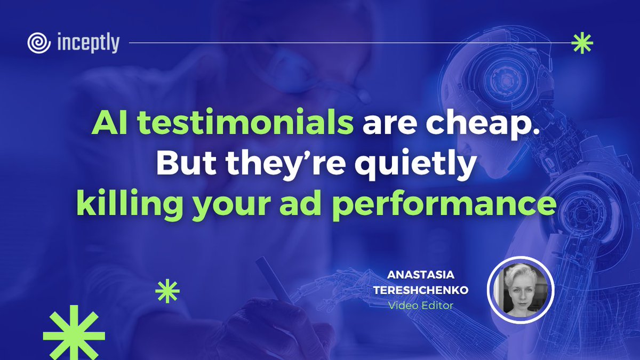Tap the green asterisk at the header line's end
[581, 44]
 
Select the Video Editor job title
[421, 306]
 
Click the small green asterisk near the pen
[167, 292]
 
